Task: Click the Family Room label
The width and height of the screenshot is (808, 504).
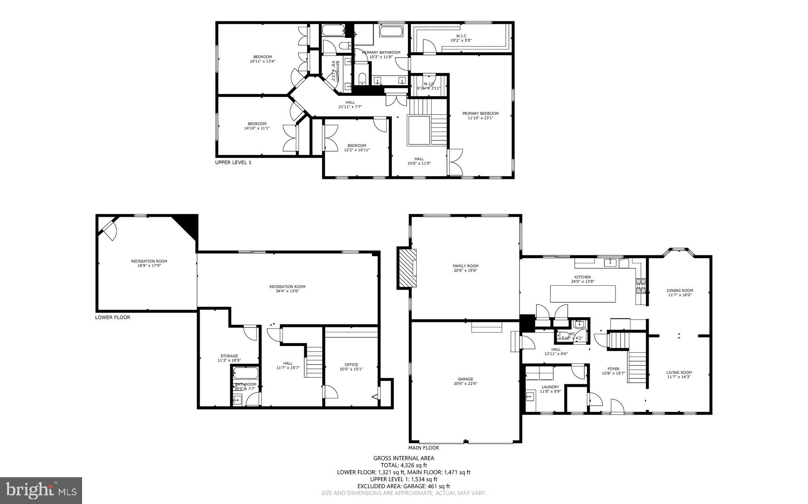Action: point(465,266)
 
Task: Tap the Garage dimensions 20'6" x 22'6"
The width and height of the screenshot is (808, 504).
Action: point(465,383)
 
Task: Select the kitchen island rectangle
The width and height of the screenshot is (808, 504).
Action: point(583,294)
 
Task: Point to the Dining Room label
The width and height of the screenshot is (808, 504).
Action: point(680,290)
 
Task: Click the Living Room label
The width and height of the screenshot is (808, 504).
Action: point(679,372)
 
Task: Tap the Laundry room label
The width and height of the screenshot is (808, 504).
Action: point(550,387)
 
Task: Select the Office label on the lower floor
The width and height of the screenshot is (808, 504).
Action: point(351,365)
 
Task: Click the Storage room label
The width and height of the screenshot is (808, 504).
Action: point(229,356)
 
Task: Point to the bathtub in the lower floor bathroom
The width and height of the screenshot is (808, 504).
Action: point(245,373)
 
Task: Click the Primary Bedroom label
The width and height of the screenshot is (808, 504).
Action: point(480,113)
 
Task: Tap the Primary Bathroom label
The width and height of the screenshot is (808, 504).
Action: point(381,52)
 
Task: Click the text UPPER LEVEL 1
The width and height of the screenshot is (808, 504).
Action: point(233,162)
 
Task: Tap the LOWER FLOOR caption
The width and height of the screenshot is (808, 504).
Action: point(112,317)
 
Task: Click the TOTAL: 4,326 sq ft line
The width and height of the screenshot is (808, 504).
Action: point(404,465)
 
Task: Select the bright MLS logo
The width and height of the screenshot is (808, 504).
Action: point(41,490)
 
